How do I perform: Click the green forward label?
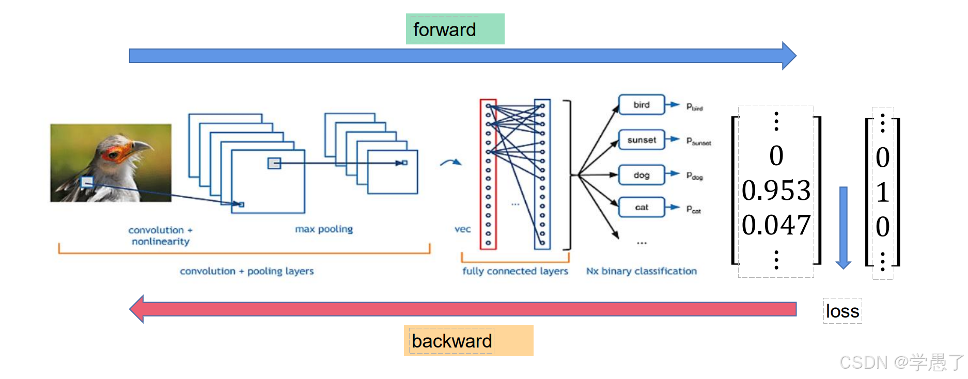tap(455, 29)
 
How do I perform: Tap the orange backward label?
tap(469, 340)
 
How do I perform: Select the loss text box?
tap(842, 311)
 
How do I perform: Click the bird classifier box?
tap(642, 105)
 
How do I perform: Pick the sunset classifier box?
tap(642, 140)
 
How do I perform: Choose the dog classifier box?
tap(642, 175)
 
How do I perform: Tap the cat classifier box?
tap(642, 207)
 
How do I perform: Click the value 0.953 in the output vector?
tap(776, 190)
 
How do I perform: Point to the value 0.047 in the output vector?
tap(776, 225)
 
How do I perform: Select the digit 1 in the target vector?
tap(883, 192)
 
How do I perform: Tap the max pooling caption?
tap(324, 229)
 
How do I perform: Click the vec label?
tap(463, 229)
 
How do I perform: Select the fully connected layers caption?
tap(515, 271)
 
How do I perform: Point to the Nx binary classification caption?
tap(642, 271)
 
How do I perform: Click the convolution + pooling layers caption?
tap(247, 271)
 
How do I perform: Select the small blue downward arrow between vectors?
tap(844, 228)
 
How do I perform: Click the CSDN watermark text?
tap(901, 362)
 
